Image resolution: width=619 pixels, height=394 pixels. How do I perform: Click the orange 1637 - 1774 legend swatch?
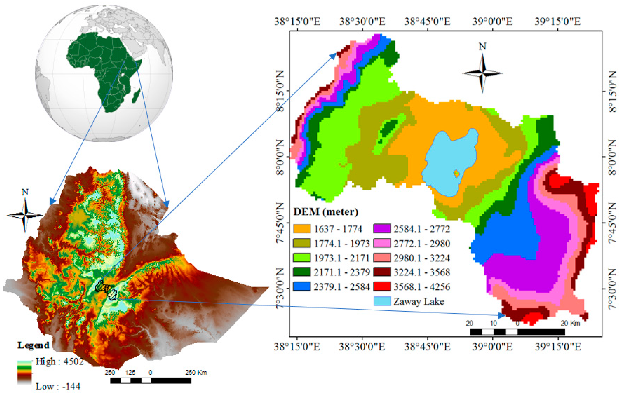click(x=302, y=229)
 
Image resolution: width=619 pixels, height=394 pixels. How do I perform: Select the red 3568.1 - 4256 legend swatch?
click(x=382, y=286)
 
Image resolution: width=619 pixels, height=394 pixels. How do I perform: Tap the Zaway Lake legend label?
click(x=419, y=301)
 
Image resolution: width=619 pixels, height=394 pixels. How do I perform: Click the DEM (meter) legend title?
click(x=326, y=212)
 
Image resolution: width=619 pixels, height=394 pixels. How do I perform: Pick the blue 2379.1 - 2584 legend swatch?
click(x=302, y=286)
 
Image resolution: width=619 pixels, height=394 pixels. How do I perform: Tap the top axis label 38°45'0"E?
click(x=427, y=21)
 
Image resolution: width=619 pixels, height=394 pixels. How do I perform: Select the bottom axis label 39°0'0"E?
click(x=492, y=347)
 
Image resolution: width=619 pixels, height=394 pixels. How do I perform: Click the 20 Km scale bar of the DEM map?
click(x=517, y=332)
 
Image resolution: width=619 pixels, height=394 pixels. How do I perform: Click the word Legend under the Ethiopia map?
click(x=33, y=345)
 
